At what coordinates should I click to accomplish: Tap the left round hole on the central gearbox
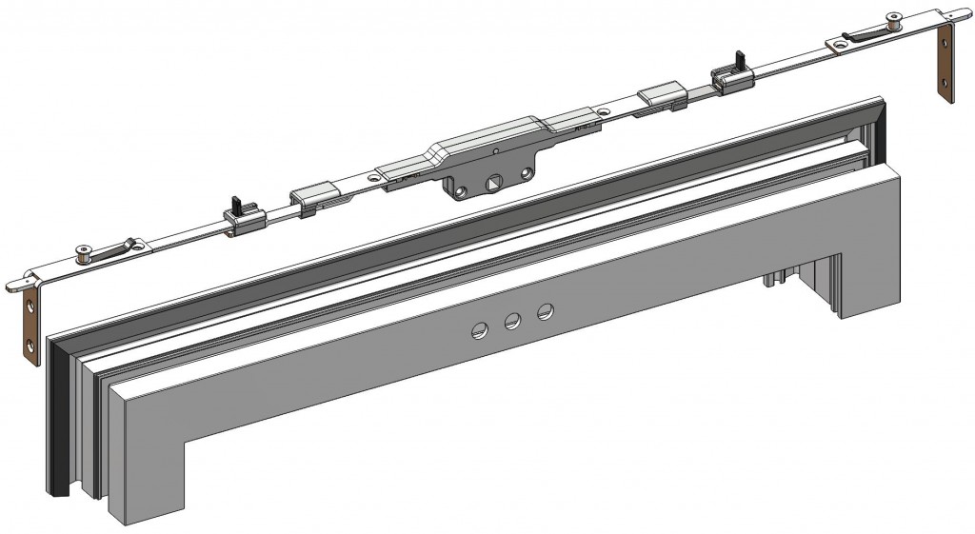click(x=461, y=191)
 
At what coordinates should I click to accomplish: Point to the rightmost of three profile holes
click(x=546, y=311)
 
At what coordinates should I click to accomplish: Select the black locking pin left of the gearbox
click(x=233, y=203)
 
